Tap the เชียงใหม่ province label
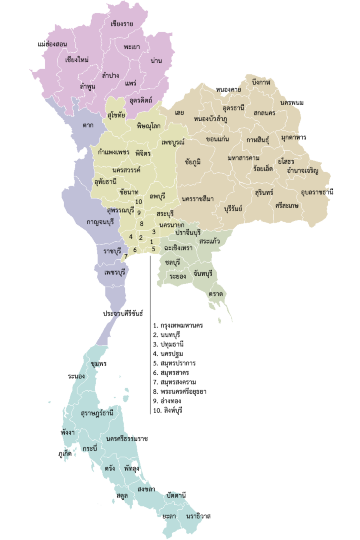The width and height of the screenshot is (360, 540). click(77, 60)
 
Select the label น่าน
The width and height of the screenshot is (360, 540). click(156, 61)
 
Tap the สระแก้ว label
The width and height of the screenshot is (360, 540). click(210, 241)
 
